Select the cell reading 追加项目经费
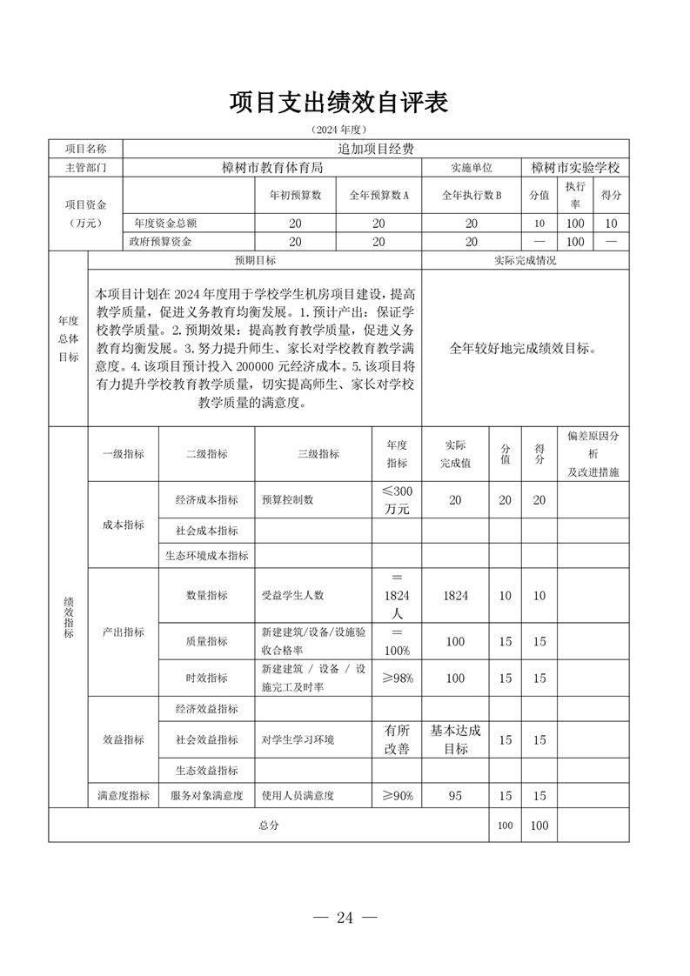coord(375,149)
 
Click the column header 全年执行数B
coord(472,196)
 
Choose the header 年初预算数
coord(295,196)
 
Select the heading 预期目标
coord(255,260)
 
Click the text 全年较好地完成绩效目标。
coord(525,349)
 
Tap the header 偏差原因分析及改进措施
coord(593,454)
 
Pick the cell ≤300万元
coord(397,500)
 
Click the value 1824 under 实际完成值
coord(455,596)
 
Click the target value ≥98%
coord(397,679)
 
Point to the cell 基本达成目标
coord(455,739)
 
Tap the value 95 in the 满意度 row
coord(455,795)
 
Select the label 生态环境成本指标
coord(207,555)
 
